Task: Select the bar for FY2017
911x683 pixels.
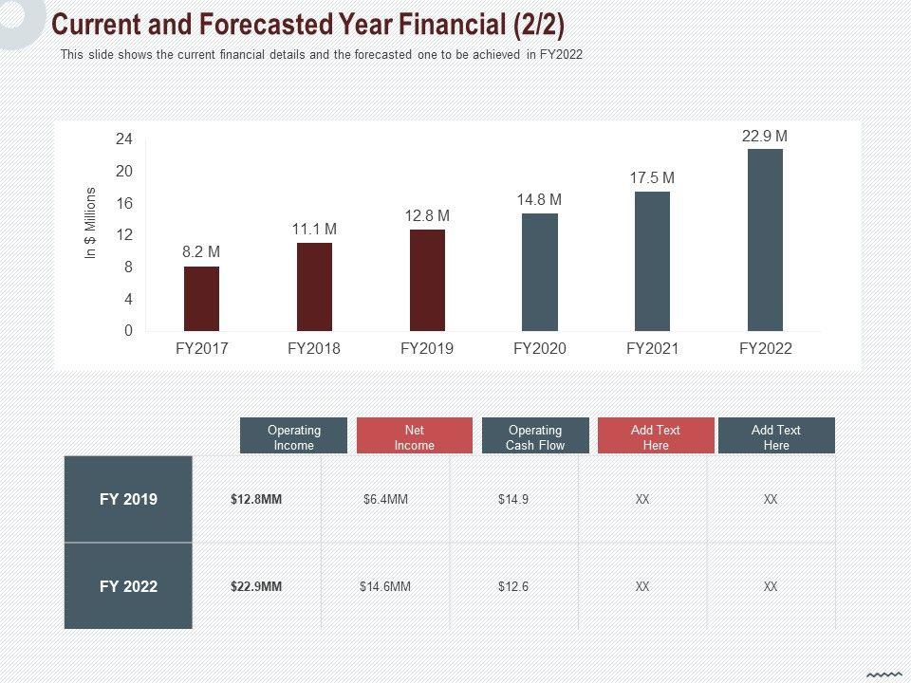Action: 201,299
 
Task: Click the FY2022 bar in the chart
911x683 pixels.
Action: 765,240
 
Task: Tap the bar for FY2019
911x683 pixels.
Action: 427,280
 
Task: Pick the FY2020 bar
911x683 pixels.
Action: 540,272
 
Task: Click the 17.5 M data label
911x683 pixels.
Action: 652,177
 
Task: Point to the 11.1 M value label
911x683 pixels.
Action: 314,230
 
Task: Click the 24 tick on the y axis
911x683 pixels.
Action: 124,139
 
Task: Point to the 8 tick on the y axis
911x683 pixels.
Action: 128,268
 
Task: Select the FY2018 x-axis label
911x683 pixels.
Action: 314,348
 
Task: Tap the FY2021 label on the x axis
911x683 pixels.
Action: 652,348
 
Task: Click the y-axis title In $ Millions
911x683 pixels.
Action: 91,223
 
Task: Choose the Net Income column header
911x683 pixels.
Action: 414,437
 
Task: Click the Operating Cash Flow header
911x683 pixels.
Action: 535,437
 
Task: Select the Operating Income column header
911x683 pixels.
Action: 294,437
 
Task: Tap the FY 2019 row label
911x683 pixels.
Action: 128,499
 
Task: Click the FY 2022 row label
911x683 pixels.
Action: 128,586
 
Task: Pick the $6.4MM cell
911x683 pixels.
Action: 385,499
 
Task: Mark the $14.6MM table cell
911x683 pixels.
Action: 385,586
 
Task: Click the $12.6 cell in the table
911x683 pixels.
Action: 513,586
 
